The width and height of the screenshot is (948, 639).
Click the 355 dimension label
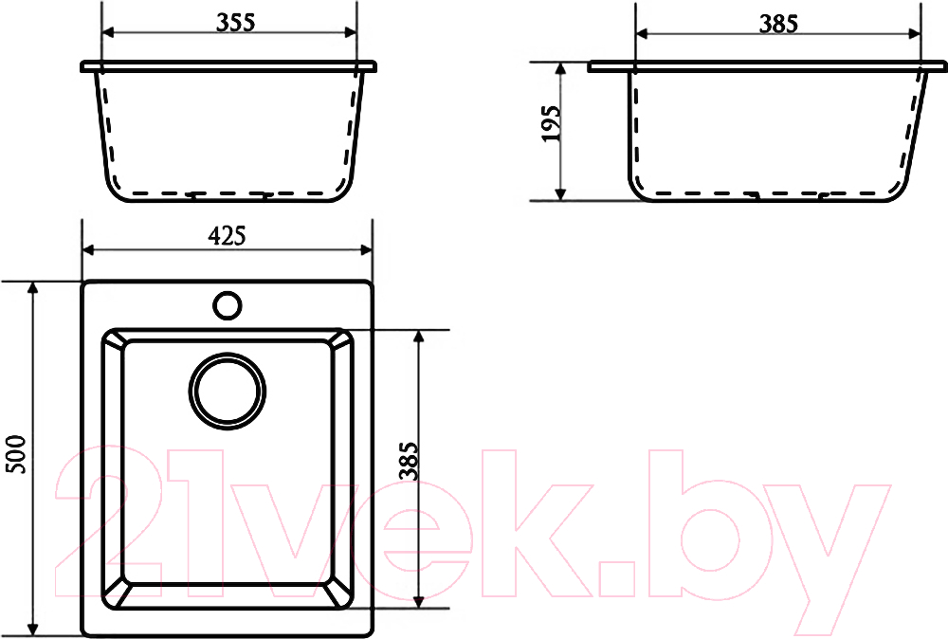[236, 23]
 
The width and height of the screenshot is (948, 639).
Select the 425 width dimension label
[227, 236]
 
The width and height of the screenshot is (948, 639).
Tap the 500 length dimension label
[16, 455]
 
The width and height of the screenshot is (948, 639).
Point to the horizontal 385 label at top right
[778, 24]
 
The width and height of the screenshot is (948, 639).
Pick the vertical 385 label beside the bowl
[410, 462]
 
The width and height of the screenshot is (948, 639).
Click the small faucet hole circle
[228, 305]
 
